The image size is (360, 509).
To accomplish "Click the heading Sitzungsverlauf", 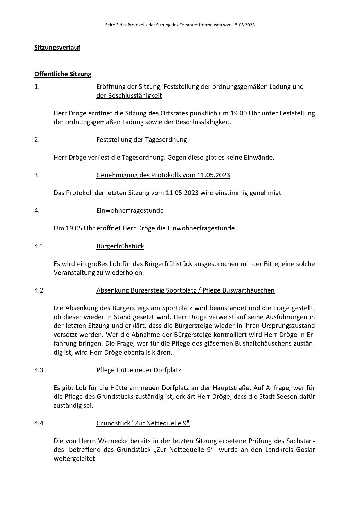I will click(x=57, y=47).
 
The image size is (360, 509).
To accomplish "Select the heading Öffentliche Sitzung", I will click(x=63, y=74).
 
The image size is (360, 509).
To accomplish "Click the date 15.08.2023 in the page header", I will click(x=244, y=25).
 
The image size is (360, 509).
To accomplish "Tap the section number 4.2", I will click(x=39, y=290).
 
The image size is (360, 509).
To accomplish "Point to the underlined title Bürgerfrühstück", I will click(x=120, y=246).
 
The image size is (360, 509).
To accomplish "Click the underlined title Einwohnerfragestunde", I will click(x=130, y=210).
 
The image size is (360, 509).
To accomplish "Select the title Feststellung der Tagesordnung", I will click(x=141, y=140).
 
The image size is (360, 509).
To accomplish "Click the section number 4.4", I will click(x=39, y=423).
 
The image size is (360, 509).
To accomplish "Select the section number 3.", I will click(x=37, y=175).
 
